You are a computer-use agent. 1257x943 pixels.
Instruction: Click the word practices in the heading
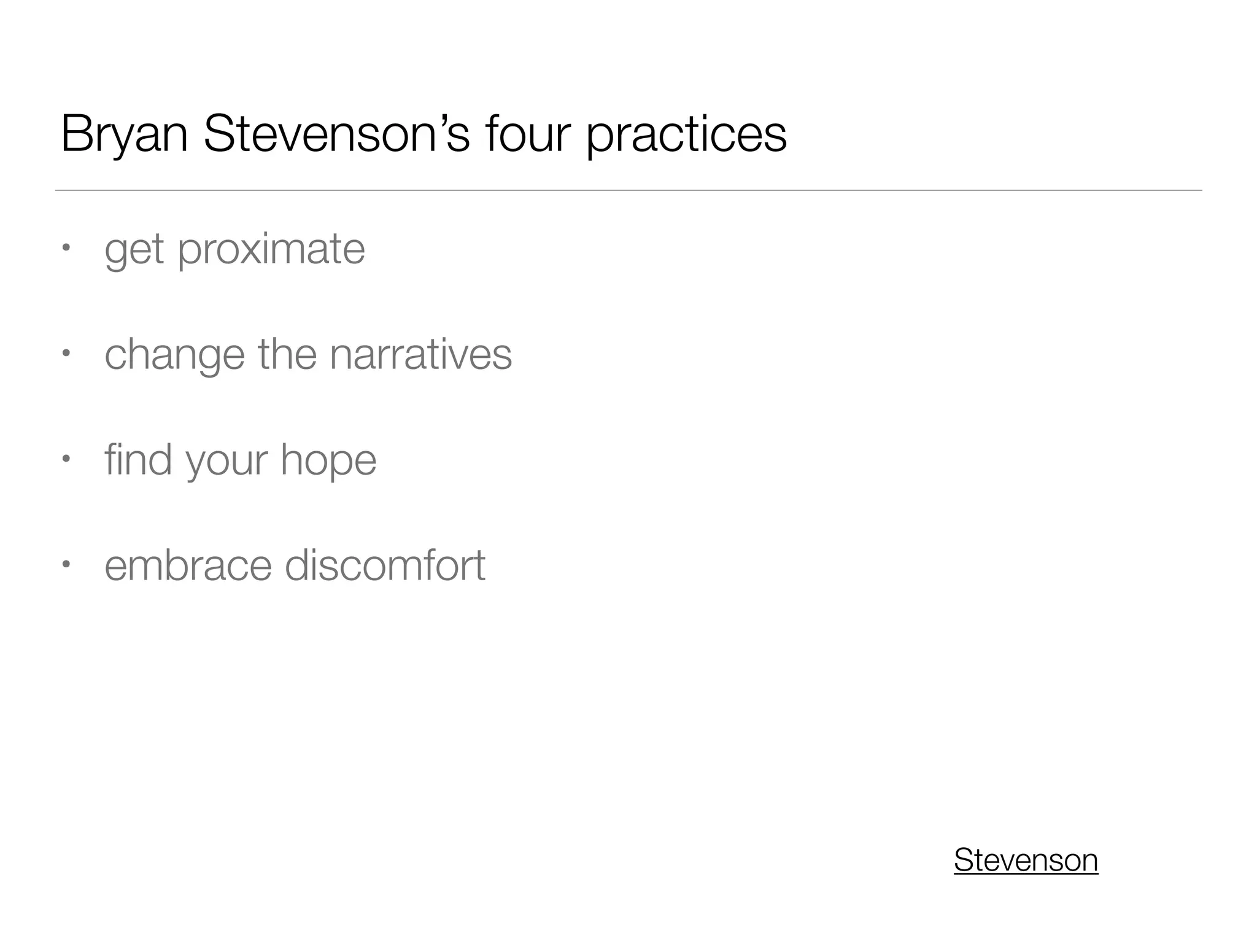pyautogui.click(x=686, y=136)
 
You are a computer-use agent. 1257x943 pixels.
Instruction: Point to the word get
pyautogui.click(x=134, y=251)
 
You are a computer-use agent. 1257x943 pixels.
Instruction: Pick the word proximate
pyautogui.click(x=271, y=251)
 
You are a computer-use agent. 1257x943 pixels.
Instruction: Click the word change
pyautogui.click(x=174, y=356)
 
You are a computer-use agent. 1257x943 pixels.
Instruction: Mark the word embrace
pyautogui.click(x=188, y=565)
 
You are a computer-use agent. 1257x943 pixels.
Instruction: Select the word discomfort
pyautogui.click(x=385, y=565)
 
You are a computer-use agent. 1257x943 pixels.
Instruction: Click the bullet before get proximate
pyautogui.click(x=66, y=248)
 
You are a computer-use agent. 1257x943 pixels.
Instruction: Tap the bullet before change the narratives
pyautogui.click(x=66, y=353)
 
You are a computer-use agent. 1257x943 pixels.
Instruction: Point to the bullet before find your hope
pyautogui.click(x=66, y=459)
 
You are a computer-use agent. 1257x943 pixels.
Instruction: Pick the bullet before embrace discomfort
pyautogui.click(x=66, y=563)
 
